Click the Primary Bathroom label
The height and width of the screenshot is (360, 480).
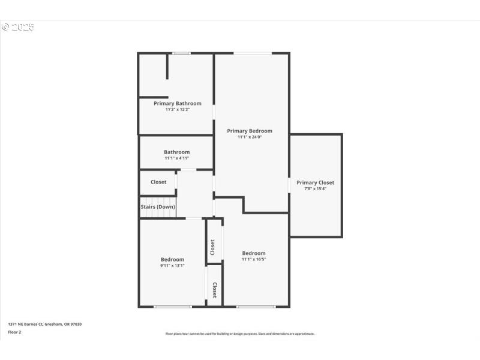click(x=177, y=103)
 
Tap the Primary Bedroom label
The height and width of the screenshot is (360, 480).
click(x=249, y=131)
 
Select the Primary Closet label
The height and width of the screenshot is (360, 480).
click(x=315, y=182)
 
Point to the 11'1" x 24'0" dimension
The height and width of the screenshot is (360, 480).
click(x=249, y=137)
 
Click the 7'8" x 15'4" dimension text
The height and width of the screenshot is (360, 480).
click(x=315, y=188)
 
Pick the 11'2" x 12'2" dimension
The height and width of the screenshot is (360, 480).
click(x=177, y=109)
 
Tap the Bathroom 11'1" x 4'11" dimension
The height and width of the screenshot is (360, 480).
click(x=176, y=158)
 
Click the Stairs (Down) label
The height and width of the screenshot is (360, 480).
click(x=158, y=207)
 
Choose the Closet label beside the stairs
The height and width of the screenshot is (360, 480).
click(x=158, y=182)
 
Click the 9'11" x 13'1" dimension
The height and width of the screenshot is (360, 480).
click(x=172, y=265)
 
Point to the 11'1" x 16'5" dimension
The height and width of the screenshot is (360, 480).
click(x=253, y=259)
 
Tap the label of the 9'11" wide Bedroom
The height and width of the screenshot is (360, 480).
click(x=172, y=259)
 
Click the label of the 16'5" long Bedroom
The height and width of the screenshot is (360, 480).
click(x=253, y=253)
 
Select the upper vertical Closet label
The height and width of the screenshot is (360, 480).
click(x=212, y=247)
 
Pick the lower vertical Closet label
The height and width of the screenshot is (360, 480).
click(x=214, y=290)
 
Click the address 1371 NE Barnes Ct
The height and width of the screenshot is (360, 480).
click(x=44, y=324)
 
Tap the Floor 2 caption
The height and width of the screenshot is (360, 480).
click(x=14, y=331)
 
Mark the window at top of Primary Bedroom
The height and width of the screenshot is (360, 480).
click(x=252, y=53)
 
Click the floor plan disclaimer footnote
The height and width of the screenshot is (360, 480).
click(x=240, y=334)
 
